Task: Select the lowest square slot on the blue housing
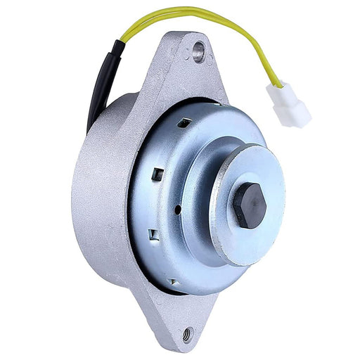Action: pos(174,281)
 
